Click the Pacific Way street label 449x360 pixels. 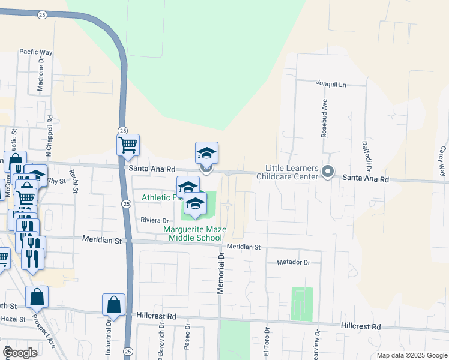click(x=36, y=52)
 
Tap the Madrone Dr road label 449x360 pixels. click(x=41, y=77)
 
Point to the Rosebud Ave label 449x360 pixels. click(x=324, y=118)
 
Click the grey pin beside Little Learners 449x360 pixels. click(x=328, y=173)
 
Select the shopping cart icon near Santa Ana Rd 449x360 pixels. click(x=128, y=145)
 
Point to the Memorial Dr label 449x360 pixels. click(x=220, y=272)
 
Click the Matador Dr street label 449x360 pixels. click(x=293, y=262)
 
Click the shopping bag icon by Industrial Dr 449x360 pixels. click(x=114, y=305)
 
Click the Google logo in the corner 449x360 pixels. click(x=20, y=353)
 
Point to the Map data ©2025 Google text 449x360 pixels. click(x=411, y=355)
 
